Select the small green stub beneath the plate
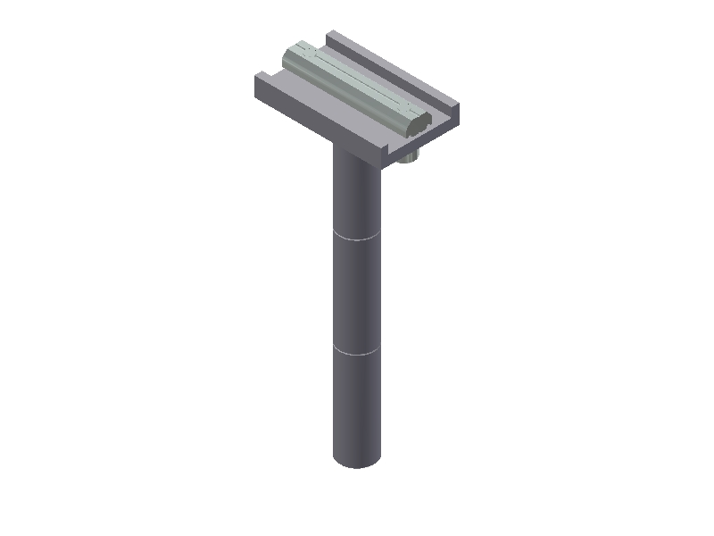tap(407, 159)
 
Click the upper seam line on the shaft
tap(357, 238)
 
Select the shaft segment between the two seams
tap(357, 295)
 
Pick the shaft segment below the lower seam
tap(357, 406)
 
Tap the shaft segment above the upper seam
tap(357, 197)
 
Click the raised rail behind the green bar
tap(393, 71)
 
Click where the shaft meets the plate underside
tap(356, 154)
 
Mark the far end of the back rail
tap(332, 35)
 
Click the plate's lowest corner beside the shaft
tap(385, 163)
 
